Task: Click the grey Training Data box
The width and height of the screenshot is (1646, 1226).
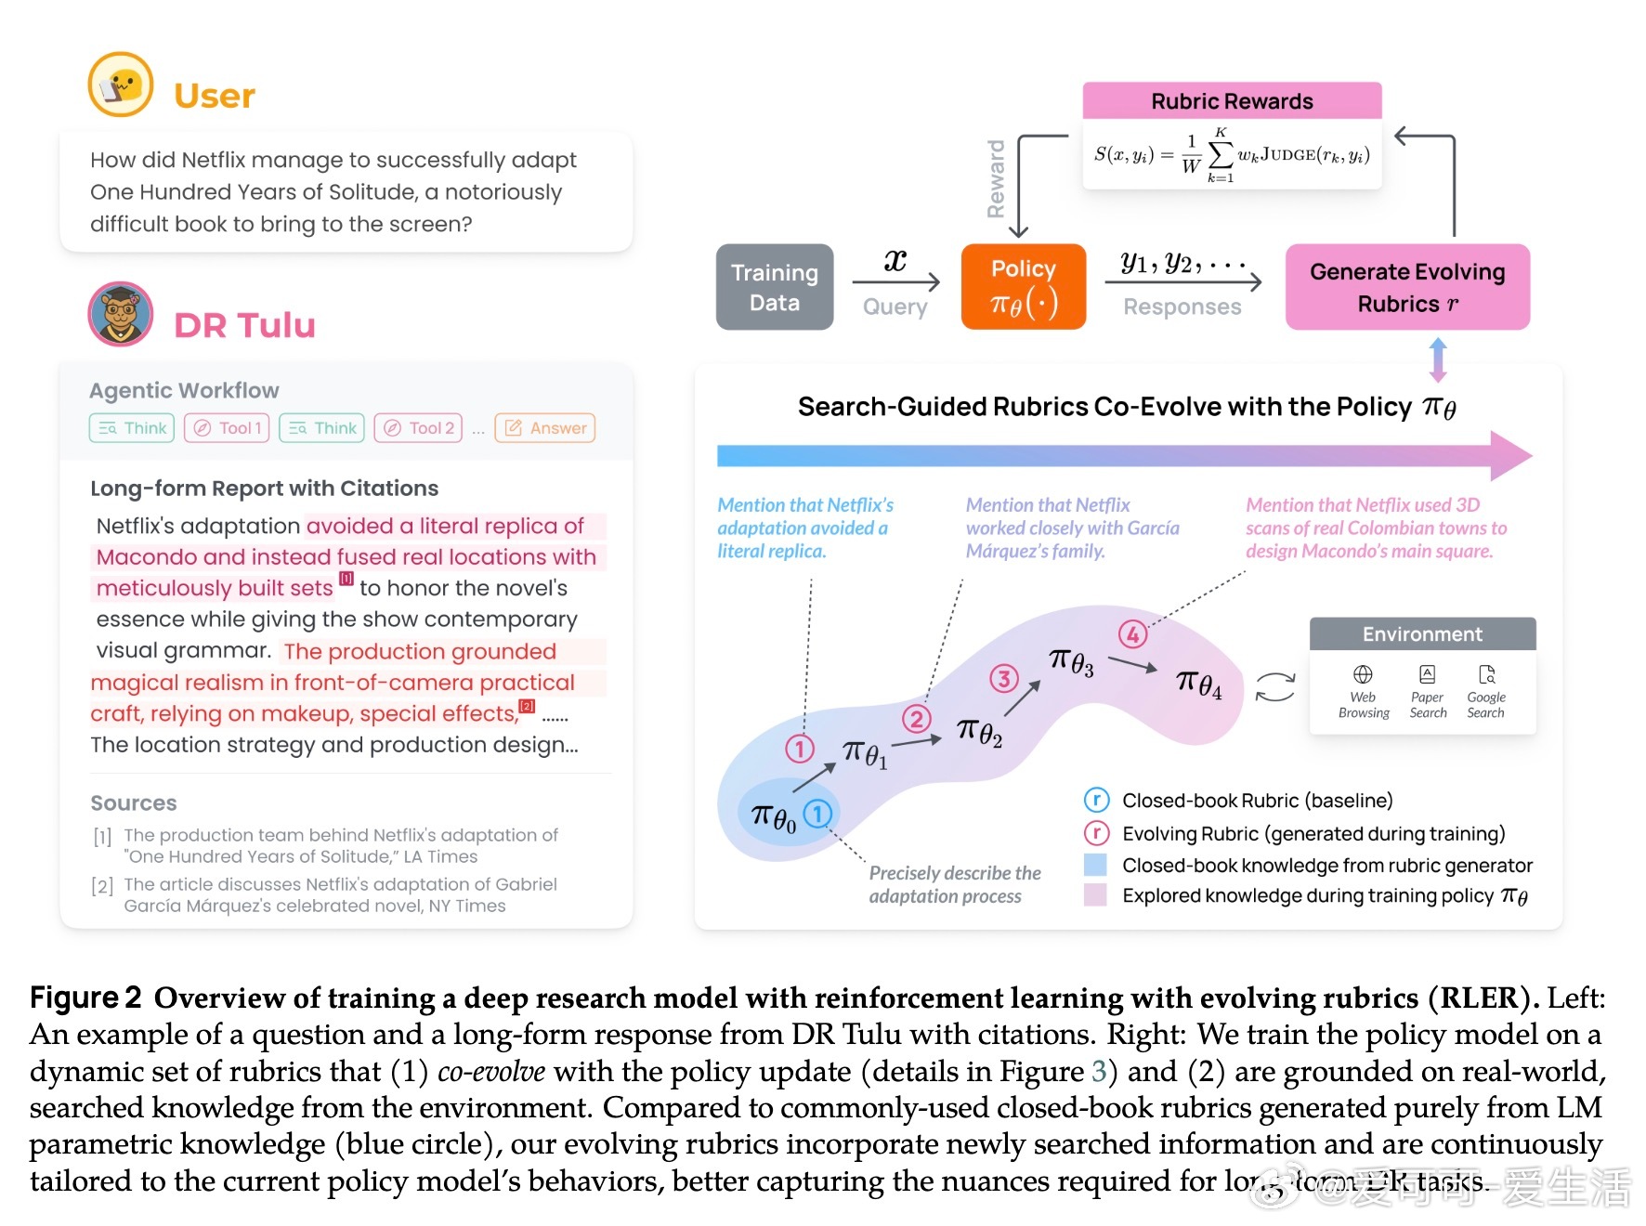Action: pyautogui.click(x=774, y=287)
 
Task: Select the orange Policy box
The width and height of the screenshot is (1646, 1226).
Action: pyautogui.click(x=1023, y=287)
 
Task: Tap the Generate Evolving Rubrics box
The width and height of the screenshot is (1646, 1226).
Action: pyautogui.click(x=1406, y=287)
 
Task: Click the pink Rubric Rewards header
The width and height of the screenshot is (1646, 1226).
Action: pyautogui.click(x=1232, y=101)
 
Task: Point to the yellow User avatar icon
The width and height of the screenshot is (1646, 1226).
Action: pyautogui.click(x=121, y=85)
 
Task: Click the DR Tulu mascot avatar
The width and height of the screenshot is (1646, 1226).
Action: pyautogui.click(x=121, y=314)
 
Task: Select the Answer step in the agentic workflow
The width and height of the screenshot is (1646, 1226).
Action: pyautogui.click(x=545, y=428)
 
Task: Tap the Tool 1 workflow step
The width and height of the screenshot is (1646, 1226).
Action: pyautogui.click(x=227, y=428)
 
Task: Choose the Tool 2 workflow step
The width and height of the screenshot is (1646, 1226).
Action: pyautogui.click(x=418, y=428)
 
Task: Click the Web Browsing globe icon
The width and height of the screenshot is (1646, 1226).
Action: pyautogui.click(x=1363, y=674)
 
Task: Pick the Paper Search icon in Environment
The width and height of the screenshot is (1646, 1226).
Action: pyautogui.click(x=1428, y=674)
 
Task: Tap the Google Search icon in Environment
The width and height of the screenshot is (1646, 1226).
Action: pyautogui.click(x=1486, y=674)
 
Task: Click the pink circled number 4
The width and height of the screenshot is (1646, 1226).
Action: pyautogui.click(x=1132, y=634)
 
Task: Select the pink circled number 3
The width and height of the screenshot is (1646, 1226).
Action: pyautogui.click(x=1003, y=678)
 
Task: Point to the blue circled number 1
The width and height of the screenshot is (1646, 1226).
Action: pyautogui.click(x=817, y=814)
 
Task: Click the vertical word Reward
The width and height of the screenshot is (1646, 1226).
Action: pyautogui.click(x=996, y=179)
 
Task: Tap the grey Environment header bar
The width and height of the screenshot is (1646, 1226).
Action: pyautogui.click(x=1422, y=634)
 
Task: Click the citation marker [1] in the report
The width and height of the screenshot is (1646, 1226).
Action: pyautogui.click(x=346, y=579)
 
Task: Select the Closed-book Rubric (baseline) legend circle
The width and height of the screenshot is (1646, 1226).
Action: pyautogui.click(x=1096, y=800)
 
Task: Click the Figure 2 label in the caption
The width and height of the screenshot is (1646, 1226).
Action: pyautogui.click(x=85, y=998)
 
